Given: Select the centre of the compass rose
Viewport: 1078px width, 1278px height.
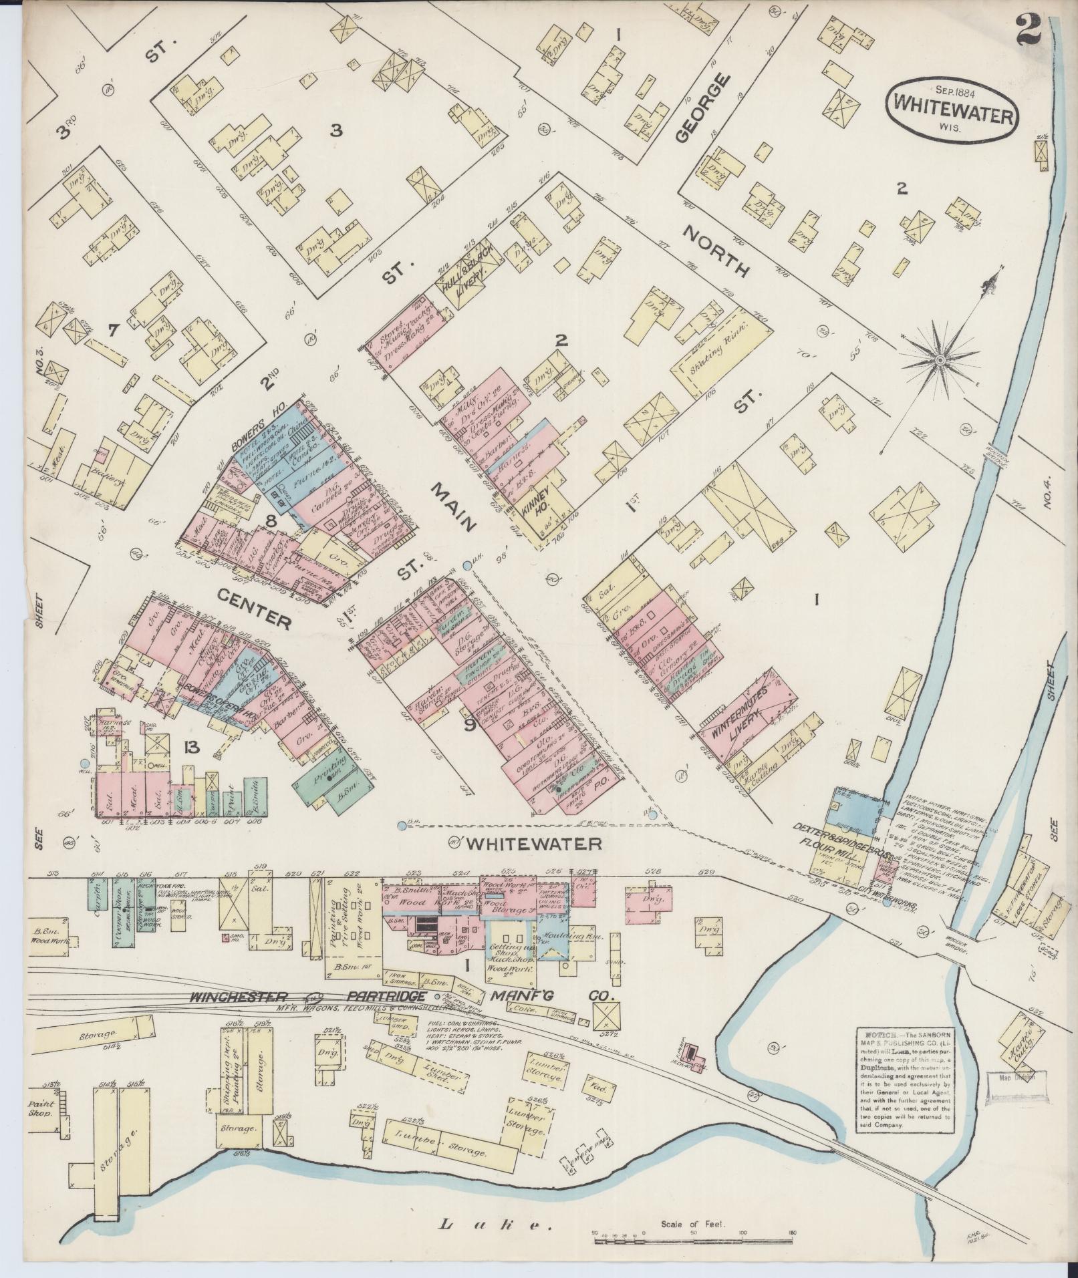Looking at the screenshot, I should coord(939,360).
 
